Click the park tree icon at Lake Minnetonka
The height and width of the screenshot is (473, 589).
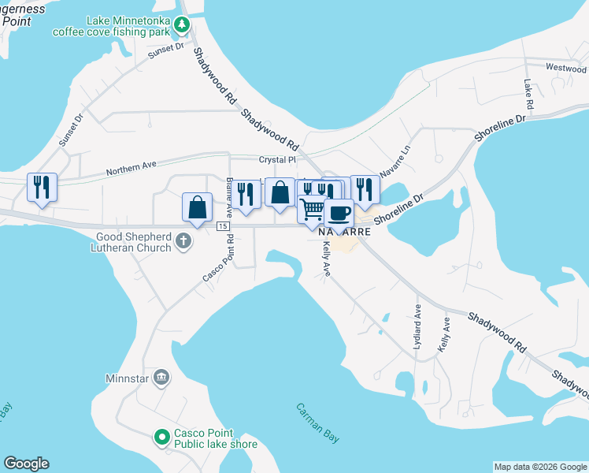click(183, 25)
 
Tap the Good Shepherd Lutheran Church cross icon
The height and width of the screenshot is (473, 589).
click(183, 240)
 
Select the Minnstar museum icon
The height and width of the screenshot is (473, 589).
click(161, 378)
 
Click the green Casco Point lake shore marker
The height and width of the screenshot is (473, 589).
click(161, 436)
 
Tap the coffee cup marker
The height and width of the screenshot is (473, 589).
click(339, 213)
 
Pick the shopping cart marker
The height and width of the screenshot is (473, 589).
click(313, 210)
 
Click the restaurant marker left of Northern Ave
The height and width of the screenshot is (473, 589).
click(42, 188)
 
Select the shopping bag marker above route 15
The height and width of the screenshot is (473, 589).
click(197, 207)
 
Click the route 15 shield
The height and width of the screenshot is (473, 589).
click(224, 226)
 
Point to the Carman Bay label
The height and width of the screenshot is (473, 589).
click(318, 423)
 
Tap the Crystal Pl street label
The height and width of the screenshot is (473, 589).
click(280, 159)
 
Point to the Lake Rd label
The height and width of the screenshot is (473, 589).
click(528, 94)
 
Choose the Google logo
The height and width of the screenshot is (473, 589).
click(26, 464)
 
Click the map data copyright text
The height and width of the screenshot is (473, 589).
click(539, 467)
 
